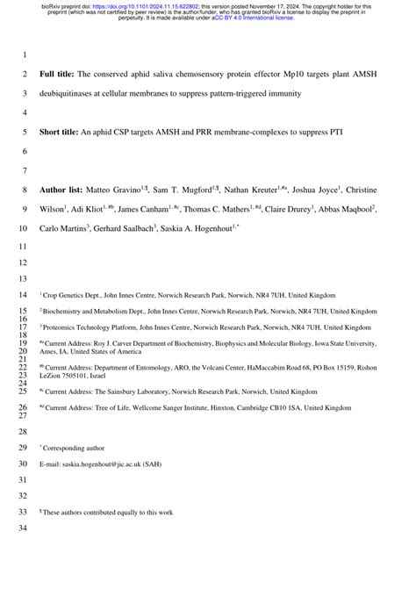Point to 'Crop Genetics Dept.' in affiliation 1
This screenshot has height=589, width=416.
pyautogui.click(x=74, y=296)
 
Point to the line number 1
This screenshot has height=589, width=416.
pyautogui.click(x=25, y=54)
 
